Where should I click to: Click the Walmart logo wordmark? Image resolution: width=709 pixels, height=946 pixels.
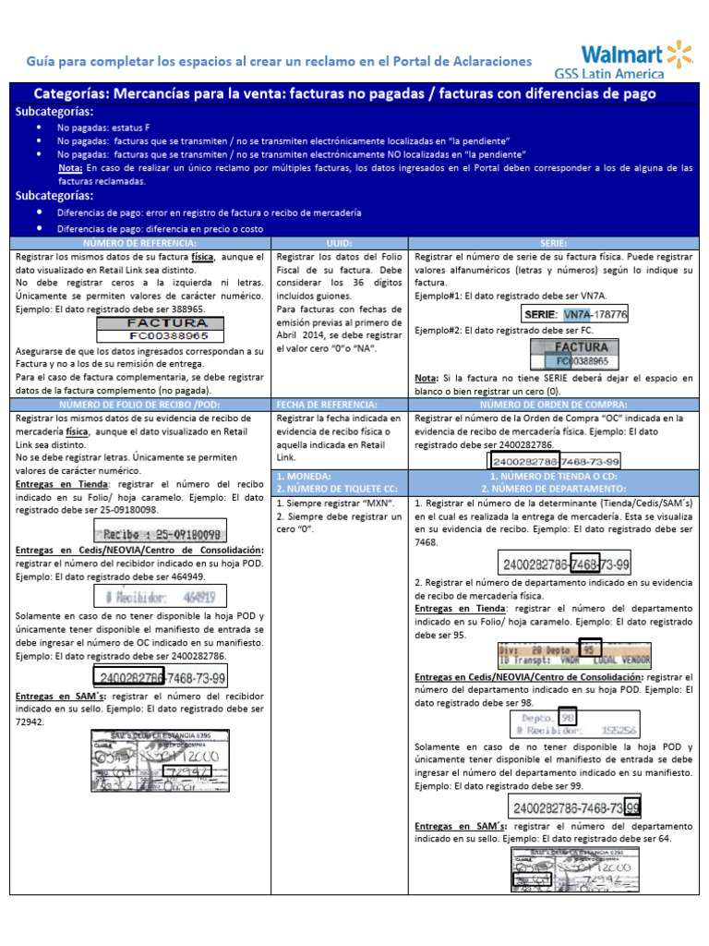click(x=619, y=53)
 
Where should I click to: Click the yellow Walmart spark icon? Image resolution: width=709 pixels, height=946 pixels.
click(x=679, y=53)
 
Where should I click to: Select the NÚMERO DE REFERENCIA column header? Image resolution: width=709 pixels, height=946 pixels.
click(x=139, y=242)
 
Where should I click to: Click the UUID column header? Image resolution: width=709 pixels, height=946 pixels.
click(x=341, y=242)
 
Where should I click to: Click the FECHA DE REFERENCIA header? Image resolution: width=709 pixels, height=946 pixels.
click(x=341, y=404)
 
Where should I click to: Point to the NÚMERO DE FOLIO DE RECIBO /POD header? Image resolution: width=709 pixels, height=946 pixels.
click(x=139, y=404)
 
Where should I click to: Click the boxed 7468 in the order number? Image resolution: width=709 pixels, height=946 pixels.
click(x=585, y=564)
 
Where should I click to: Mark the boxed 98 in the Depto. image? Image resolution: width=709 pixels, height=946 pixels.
click(x=569, y=718)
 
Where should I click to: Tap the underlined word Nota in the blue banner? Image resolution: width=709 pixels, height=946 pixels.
click(x=68, y=168)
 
